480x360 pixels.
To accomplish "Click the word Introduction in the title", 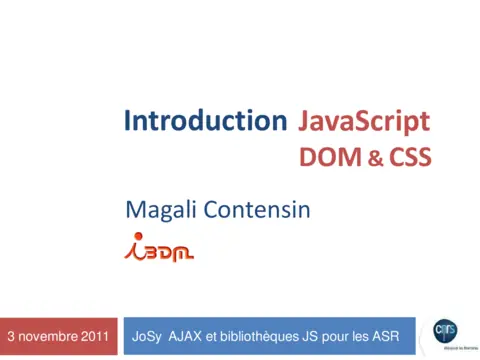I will point(205,122).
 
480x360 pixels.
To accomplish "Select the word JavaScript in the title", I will point(365,122).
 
